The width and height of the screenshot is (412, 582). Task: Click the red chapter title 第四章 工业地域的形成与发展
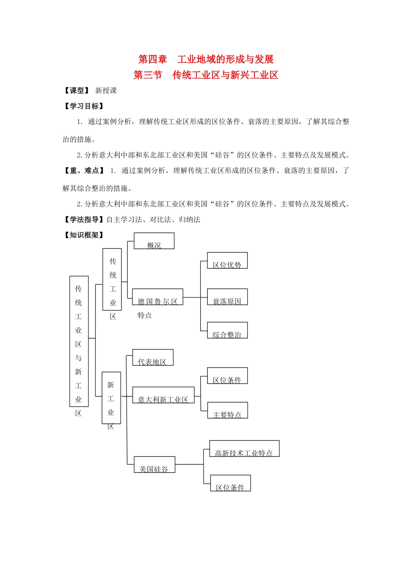click(206, 59)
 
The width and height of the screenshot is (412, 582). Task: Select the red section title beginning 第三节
click(206, 75)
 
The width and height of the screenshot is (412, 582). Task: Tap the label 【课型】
click(77, 91)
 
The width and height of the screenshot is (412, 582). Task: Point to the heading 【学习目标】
click(84, 106)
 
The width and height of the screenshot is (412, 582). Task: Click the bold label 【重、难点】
click(84, 171)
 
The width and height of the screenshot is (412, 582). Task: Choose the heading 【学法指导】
click(84, 220)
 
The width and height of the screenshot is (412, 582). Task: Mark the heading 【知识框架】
click(84, 235)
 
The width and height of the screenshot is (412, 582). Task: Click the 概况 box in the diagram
click(154, 241)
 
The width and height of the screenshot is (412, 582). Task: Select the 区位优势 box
click(227, 261)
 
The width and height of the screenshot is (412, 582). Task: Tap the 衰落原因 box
click(227, 297)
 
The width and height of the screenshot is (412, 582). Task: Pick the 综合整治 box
click(227, 330)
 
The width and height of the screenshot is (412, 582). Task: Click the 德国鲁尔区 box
click(157, 297)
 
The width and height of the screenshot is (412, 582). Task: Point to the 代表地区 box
click(152, 358)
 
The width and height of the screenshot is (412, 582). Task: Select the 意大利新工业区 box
click(163, 395)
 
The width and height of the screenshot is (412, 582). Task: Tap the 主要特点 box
click(227, 411)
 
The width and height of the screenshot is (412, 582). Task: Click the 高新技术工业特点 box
click(244, 449)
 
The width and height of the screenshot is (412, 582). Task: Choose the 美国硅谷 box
click(154, 465)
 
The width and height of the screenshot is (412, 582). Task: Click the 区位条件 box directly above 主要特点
click(227, 376)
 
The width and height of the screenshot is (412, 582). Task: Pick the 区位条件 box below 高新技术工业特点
click(230, 483)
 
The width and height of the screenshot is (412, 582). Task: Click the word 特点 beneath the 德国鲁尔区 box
click(145, 315)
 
